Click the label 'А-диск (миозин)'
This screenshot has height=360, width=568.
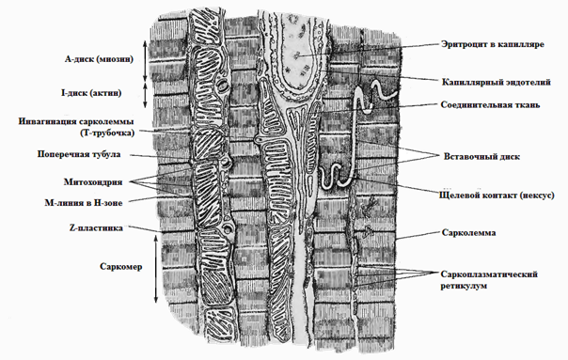click(x=99, y=59)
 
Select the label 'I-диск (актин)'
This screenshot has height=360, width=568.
click(x=91, y=93)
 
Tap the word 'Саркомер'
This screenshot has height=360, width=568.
click(x=121, y=267)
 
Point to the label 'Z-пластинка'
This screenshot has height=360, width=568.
click(x=96, y=228)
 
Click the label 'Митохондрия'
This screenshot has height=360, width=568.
click(x=93, y=181)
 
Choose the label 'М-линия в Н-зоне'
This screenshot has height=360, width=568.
click(x=84, y=203)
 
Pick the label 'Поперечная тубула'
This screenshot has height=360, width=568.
click(x=79, y=154)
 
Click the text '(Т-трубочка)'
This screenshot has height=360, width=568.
click(x=107, y=133)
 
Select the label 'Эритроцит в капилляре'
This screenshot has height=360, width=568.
click(x=493, y=44)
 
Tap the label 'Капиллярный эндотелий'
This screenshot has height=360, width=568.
click(x=496, y=82)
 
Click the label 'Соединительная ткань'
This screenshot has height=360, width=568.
click(x=490, y=105)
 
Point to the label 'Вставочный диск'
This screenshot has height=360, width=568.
click(x=481, y=157)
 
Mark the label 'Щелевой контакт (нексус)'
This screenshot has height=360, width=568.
click(x=497, y=196)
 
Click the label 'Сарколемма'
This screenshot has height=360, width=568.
click(x=468, y=232)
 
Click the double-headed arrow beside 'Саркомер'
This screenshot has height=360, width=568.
click(x=156, y=269)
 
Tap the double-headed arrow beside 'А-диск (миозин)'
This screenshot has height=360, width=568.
click(x=145, y=61)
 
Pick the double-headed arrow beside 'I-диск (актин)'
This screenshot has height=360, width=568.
click(x=145, y=95)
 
